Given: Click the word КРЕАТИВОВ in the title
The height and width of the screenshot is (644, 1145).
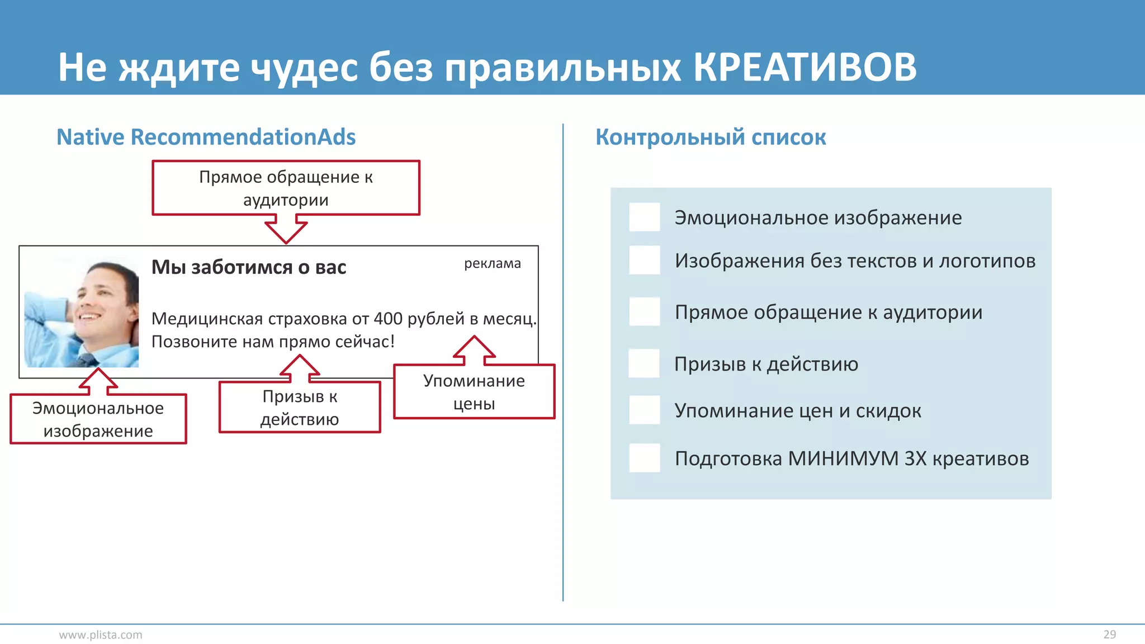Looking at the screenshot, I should click(x=805, y=68).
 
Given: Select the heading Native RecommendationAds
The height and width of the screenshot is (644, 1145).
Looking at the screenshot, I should click(x=206, y=137).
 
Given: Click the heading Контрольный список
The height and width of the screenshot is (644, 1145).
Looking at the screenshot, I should click(x=710, y=137).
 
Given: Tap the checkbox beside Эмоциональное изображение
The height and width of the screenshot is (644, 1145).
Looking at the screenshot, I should click(x=644, y=217).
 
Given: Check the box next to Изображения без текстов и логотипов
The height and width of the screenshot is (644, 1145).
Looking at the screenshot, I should click(x=644, y=260).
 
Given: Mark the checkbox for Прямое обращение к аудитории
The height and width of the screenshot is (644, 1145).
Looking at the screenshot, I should click(x=644, y=311).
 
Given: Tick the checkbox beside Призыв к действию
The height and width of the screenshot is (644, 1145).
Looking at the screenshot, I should click(x=644, y=363).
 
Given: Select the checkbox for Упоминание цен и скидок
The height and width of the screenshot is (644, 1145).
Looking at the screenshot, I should click(x=644, y=410).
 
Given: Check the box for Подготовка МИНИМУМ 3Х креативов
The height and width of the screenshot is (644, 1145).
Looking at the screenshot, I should click(x=644, y=458).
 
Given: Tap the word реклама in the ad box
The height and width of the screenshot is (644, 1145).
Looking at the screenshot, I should click(x=492, y=263).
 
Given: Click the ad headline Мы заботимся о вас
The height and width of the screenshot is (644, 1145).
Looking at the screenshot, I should click(x=249, y=267).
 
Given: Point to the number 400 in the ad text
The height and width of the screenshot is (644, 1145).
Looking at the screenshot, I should click(x=388, y=319).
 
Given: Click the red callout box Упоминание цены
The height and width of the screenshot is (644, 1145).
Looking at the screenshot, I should click(x=474, y=392).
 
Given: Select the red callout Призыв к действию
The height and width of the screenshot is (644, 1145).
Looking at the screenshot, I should click(x=300, y=408).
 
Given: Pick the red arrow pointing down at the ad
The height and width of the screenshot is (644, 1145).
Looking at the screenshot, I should click(x=286, y=230).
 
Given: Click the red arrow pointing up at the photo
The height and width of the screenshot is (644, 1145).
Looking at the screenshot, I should click(x=98, y=380).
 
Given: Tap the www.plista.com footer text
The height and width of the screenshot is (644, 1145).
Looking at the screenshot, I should click(x=101, y=634).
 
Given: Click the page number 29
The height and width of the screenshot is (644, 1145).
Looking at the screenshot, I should click(x=1109, y=634).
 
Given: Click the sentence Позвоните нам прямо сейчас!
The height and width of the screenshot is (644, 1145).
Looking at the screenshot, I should click(x=273, y=342).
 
